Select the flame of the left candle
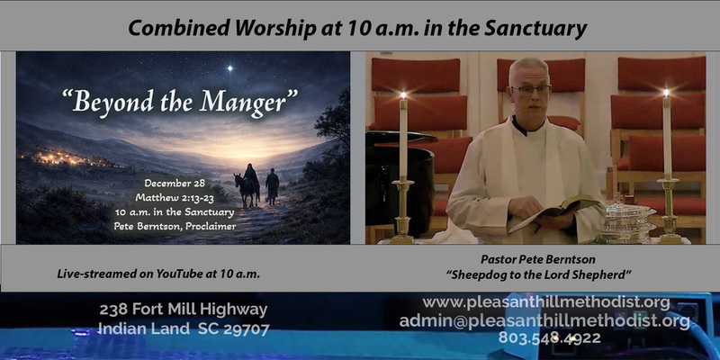[x=403, y=94]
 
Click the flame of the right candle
[x=666, y=92]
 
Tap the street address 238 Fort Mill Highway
[x=184, y=310]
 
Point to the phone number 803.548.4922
[x=549, y=339]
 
